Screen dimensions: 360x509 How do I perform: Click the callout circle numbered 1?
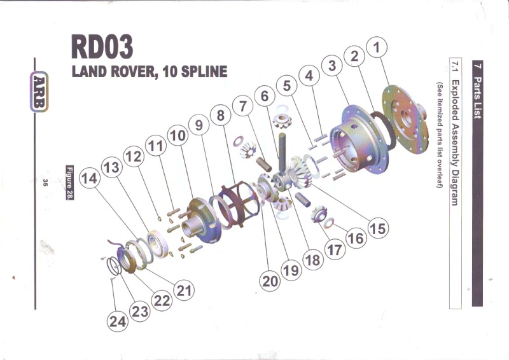click(x=377, y=46)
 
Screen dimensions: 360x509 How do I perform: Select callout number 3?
click(x=331, y=65)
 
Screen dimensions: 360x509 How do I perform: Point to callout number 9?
click(x=199, y=126)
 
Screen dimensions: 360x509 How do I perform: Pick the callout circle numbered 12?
click(x=133, y=156)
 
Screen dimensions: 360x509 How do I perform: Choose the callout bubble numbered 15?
click(x=377, y=227)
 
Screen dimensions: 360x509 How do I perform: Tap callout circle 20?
click(x=270, y=280)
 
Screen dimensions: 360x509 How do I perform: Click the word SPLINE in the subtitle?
click(x=200, y=71)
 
